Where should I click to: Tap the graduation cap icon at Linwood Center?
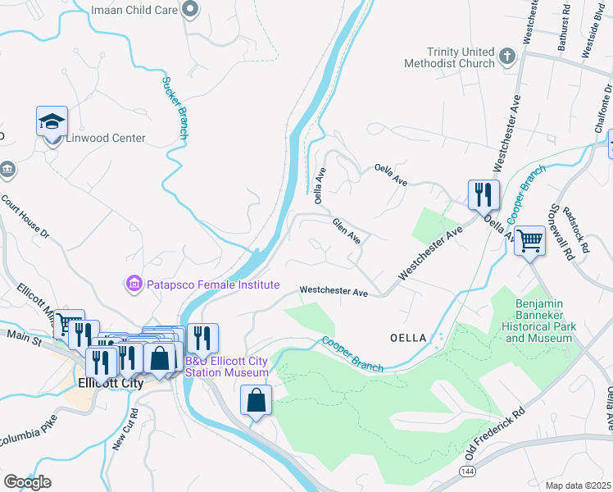tap(52, 121)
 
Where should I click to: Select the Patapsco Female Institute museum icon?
tap(133, 284)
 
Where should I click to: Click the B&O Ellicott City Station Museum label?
tap(227, 367)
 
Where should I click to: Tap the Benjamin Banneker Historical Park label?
tap(533, 321)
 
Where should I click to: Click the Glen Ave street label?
tap(347, 230)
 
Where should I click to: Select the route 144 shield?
tap(467, 472)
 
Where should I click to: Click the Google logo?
tap(27, 482)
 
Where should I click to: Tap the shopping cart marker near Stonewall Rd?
tap(530, 241)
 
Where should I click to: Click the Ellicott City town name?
tap(110, 383)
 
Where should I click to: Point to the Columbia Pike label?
tap(25, 435)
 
